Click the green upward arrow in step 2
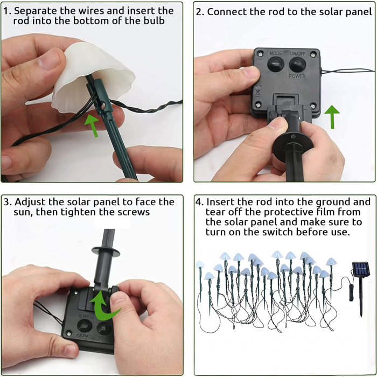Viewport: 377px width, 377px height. tap(332, 117)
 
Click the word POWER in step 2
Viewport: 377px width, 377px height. tap(297, 76)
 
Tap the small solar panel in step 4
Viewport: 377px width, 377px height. tap(361, 269)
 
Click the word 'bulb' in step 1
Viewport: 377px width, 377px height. tap(154, 21)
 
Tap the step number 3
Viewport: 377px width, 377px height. tap(7, 202)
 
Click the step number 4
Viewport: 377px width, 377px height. tap(199, 202)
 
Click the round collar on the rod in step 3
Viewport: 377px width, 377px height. tap(106, 251)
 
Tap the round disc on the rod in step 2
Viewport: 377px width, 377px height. tap(293, 144)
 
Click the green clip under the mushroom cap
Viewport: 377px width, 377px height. tap(101, 96)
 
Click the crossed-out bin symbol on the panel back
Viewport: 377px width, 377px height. tap(258, 93)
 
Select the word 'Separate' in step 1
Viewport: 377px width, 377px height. tap(36, 11)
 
